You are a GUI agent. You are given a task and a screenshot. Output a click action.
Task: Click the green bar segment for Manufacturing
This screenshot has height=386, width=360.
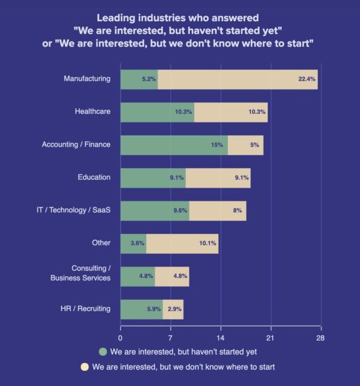(x=139, y=79)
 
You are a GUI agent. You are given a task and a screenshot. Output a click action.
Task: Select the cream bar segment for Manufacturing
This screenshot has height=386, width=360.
(x=238, y=79)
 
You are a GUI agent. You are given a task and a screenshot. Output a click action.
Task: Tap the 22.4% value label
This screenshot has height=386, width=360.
(x=306, y=79)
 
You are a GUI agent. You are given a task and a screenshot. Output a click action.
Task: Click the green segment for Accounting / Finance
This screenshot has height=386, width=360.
(x=174, y=145)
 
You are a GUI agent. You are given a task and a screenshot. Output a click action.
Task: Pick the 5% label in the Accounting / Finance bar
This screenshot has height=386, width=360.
(x=254, y=145)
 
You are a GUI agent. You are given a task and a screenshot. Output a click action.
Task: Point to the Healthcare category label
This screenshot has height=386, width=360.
(x=92, y=112)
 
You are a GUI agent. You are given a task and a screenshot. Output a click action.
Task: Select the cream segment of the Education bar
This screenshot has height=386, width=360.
(x=218, y=177)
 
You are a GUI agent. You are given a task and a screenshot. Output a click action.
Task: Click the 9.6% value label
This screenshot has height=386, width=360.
(x=180, y=210)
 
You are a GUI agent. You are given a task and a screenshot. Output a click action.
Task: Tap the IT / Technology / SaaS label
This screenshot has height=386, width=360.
(x=74, y=210)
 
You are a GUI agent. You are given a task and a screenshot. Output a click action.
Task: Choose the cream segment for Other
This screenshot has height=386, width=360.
(x=182, y=243)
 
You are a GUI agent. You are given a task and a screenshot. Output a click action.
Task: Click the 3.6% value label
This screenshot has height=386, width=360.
(x=137, y=243)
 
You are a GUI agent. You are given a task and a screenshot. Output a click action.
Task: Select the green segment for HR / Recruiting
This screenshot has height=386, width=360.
(x=141, y=309)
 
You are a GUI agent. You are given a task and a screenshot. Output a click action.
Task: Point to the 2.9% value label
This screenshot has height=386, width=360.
(x=175, y=309)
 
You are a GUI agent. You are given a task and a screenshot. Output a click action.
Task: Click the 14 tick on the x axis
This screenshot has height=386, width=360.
(x=221, y=337)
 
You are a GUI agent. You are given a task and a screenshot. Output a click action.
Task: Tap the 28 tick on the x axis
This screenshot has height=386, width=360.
(x=320, y=337)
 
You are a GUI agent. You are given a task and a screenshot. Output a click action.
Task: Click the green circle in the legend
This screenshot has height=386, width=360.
(x=103, y=351)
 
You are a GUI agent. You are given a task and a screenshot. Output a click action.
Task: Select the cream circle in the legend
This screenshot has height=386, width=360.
(x=85, y=366)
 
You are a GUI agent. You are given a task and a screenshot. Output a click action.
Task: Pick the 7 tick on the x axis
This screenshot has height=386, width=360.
(x=171, y=337)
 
